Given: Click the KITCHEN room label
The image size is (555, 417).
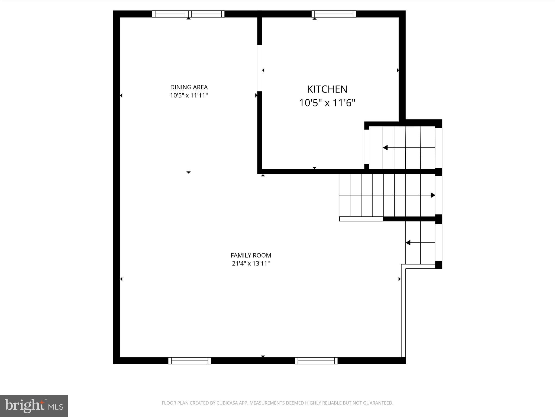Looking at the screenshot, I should [x=327, y=89].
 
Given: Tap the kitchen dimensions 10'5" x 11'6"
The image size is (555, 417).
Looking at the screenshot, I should [x=327, y=103].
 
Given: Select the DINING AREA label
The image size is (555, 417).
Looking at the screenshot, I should [x=189, y=87].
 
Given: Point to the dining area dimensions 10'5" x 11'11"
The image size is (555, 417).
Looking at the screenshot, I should [x=189, y=96].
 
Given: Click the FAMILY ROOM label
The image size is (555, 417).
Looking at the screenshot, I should [x=251, y=255].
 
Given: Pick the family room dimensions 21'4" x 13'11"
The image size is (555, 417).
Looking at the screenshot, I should [x=251, y=263].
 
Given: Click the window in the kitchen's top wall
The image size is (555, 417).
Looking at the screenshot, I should [x=334, y=14].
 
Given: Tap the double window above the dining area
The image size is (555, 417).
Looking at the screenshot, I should [x=188, y=14].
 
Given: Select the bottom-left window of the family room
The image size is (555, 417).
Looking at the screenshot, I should [x=190, y=361].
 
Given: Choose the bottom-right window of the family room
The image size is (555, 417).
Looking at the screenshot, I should [x=316, y=361].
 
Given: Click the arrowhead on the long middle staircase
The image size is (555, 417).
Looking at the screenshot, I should [x=433, y=195].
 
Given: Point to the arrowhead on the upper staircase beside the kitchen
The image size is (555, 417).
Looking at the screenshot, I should [x=385, y=148].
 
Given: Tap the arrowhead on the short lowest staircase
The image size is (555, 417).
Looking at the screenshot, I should [x=408, y=243].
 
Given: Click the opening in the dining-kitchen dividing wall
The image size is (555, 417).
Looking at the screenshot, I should [x=260, y=68].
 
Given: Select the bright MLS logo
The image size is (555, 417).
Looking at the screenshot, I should [x=34, y=406].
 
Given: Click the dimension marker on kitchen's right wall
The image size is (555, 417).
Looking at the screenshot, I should [x=398, y=70].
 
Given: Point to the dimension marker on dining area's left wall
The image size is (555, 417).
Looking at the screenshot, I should [x=121, y=95].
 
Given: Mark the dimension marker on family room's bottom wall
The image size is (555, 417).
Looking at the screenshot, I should [x=263, y=356].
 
